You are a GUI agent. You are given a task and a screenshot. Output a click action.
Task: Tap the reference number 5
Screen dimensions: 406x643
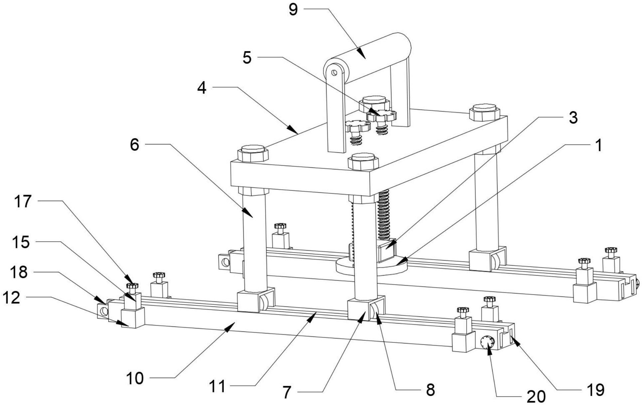[x=247, y=58]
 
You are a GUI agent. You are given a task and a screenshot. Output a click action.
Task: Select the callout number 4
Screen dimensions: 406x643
[x=202, y=88]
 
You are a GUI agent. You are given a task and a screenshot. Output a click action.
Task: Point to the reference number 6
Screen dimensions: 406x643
[x=134, y=145]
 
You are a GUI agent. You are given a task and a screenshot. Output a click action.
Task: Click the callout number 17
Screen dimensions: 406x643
[x=23, y=202]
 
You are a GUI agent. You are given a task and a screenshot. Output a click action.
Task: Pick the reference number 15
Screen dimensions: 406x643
[x=21, y=242]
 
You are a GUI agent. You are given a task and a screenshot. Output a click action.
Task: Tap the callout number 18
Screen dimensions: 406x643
[x=19, y=272]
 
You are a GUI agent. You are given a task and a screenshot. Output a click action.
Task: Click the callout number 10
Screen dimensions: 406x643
[x=135, y=378]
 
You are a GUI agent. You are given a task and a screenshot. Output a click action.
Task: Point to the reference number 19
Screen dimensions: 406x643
[x=595, y=389]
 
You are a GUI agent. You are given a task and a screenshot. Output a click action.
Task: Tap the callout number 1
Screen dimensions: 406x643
[x=598, y=146]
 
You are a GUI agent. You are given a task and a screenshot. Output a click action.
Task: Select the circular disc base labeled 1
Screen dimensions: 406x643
[x=373, y=266]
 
